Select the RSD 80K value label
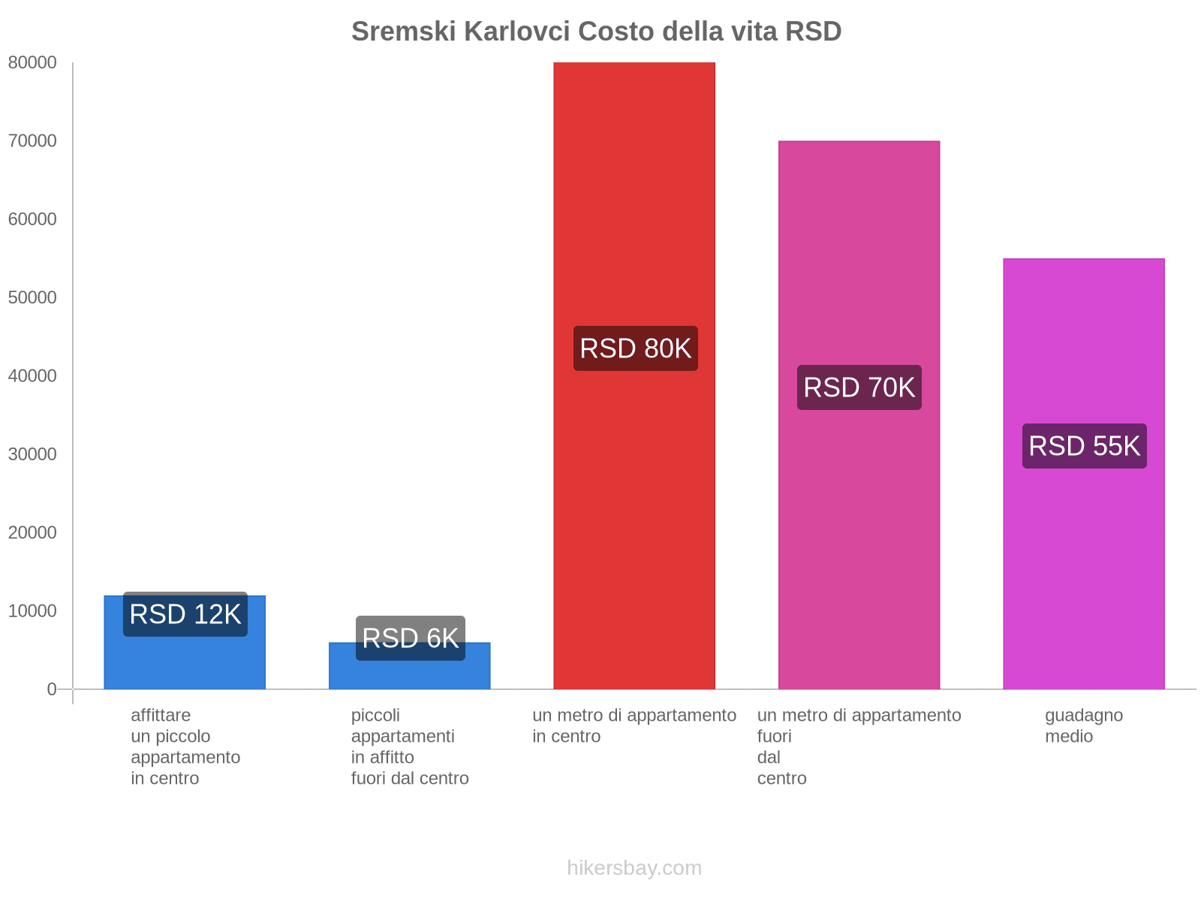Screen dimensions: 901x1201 pos(635,348)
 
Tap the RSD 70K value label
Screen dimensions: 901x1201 pos(859,387)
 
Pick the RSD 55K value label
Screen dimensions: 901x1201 pos(1084,446)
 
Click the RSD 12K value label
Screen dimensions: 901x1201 pos(185,614)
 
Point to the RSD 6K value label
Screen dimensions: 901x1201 pos(410,638)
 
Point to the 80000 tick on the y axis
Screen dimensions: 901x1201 pos(32,63)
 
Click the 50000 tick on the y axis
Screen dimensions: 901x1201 pos(32,298)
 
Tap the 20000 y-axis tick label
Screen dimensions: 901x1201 pos(32,533)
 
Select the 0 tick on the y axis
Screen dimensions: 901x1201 pos(51,689)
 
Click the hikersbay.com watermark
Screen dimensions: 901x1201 pos(634,868)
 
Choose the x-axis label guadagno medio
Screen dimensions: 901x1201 pos(1083,725)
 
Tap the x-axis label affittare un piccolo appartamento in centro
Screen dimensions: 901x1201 pos(185,746)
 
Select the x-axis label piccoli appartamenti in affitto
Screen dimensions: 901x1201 pos(409,746)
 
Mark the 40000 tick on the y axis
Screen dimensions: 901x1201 pos(32,376)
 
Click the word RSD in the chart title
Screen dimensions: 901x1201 pos(813,32)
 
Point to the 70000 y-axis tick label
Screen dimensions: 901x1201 pos(32,141)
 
